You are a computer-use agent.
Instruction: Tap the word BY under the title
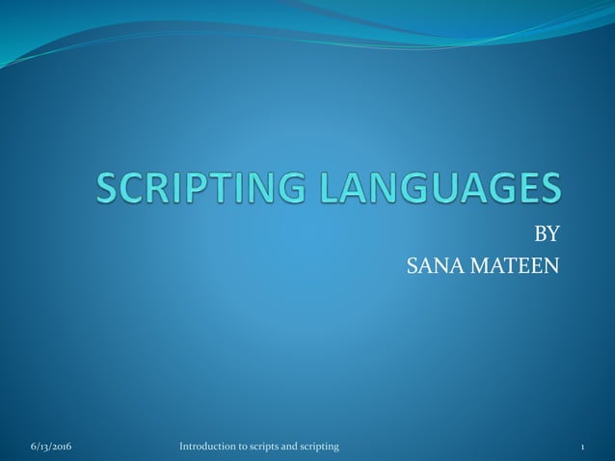547,233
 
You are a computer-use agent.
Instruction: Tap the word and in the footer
294,447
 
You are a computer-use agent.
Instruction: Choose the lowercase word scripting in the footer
322,447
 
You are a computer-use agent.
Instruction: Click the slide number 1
584,447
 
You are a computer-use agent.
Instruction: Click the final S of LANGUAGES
548,187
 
